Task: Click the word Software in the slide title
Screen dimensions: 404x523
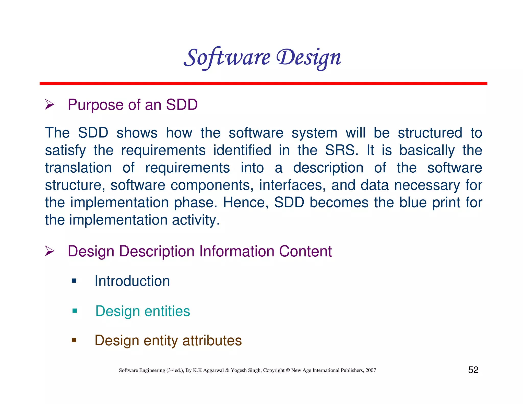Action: pos(227,57)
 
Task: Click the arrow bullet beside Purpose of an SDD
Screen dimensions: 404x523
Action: pos(50,104)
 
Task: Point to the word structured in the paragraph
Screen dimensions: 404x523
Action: pos(430,133)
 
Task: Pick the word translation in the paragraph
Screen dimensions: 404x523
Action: pos(78,168)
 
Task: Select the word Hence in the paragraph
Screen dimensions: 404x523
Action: pos(245,203)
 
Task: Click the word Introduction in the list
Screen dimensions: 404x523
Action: pos(132,281)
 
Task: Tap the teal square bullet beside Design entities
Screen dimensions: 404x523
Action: pos(75,311)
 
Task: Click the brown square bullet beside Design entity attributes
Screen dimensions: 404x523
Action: pos(74,340)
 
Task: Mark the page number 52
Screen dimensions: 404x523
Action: pos(473,370)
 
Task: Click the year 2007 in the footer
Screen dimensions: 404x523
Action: pos(371,370)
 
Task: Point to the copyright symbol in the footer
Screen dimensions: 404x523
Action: pos(288,370)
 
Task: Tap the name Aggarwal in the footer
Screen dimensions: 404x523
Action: pos(213,370)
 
